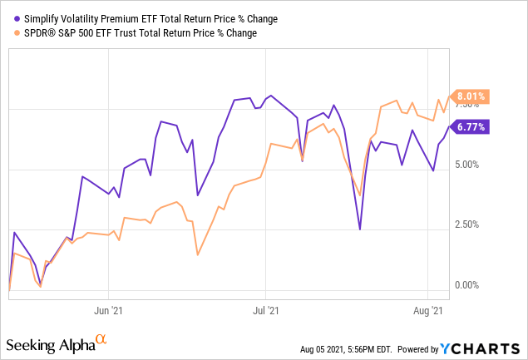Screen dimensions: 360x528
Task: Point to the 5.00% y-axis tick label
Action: coord(469,165)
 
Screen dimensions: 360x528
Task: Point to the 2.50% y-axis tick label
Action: coord(469,224)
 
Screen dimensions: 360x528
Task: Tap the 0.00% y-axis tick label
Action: coord(469,285)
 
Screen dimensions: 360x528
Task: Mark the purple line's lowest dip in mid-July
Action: coord(359,229)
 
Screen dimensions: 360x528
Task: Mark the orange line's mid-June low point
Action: coord(197,254)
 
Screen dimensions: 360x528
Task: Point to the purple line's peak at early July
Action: coord(269,96)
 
